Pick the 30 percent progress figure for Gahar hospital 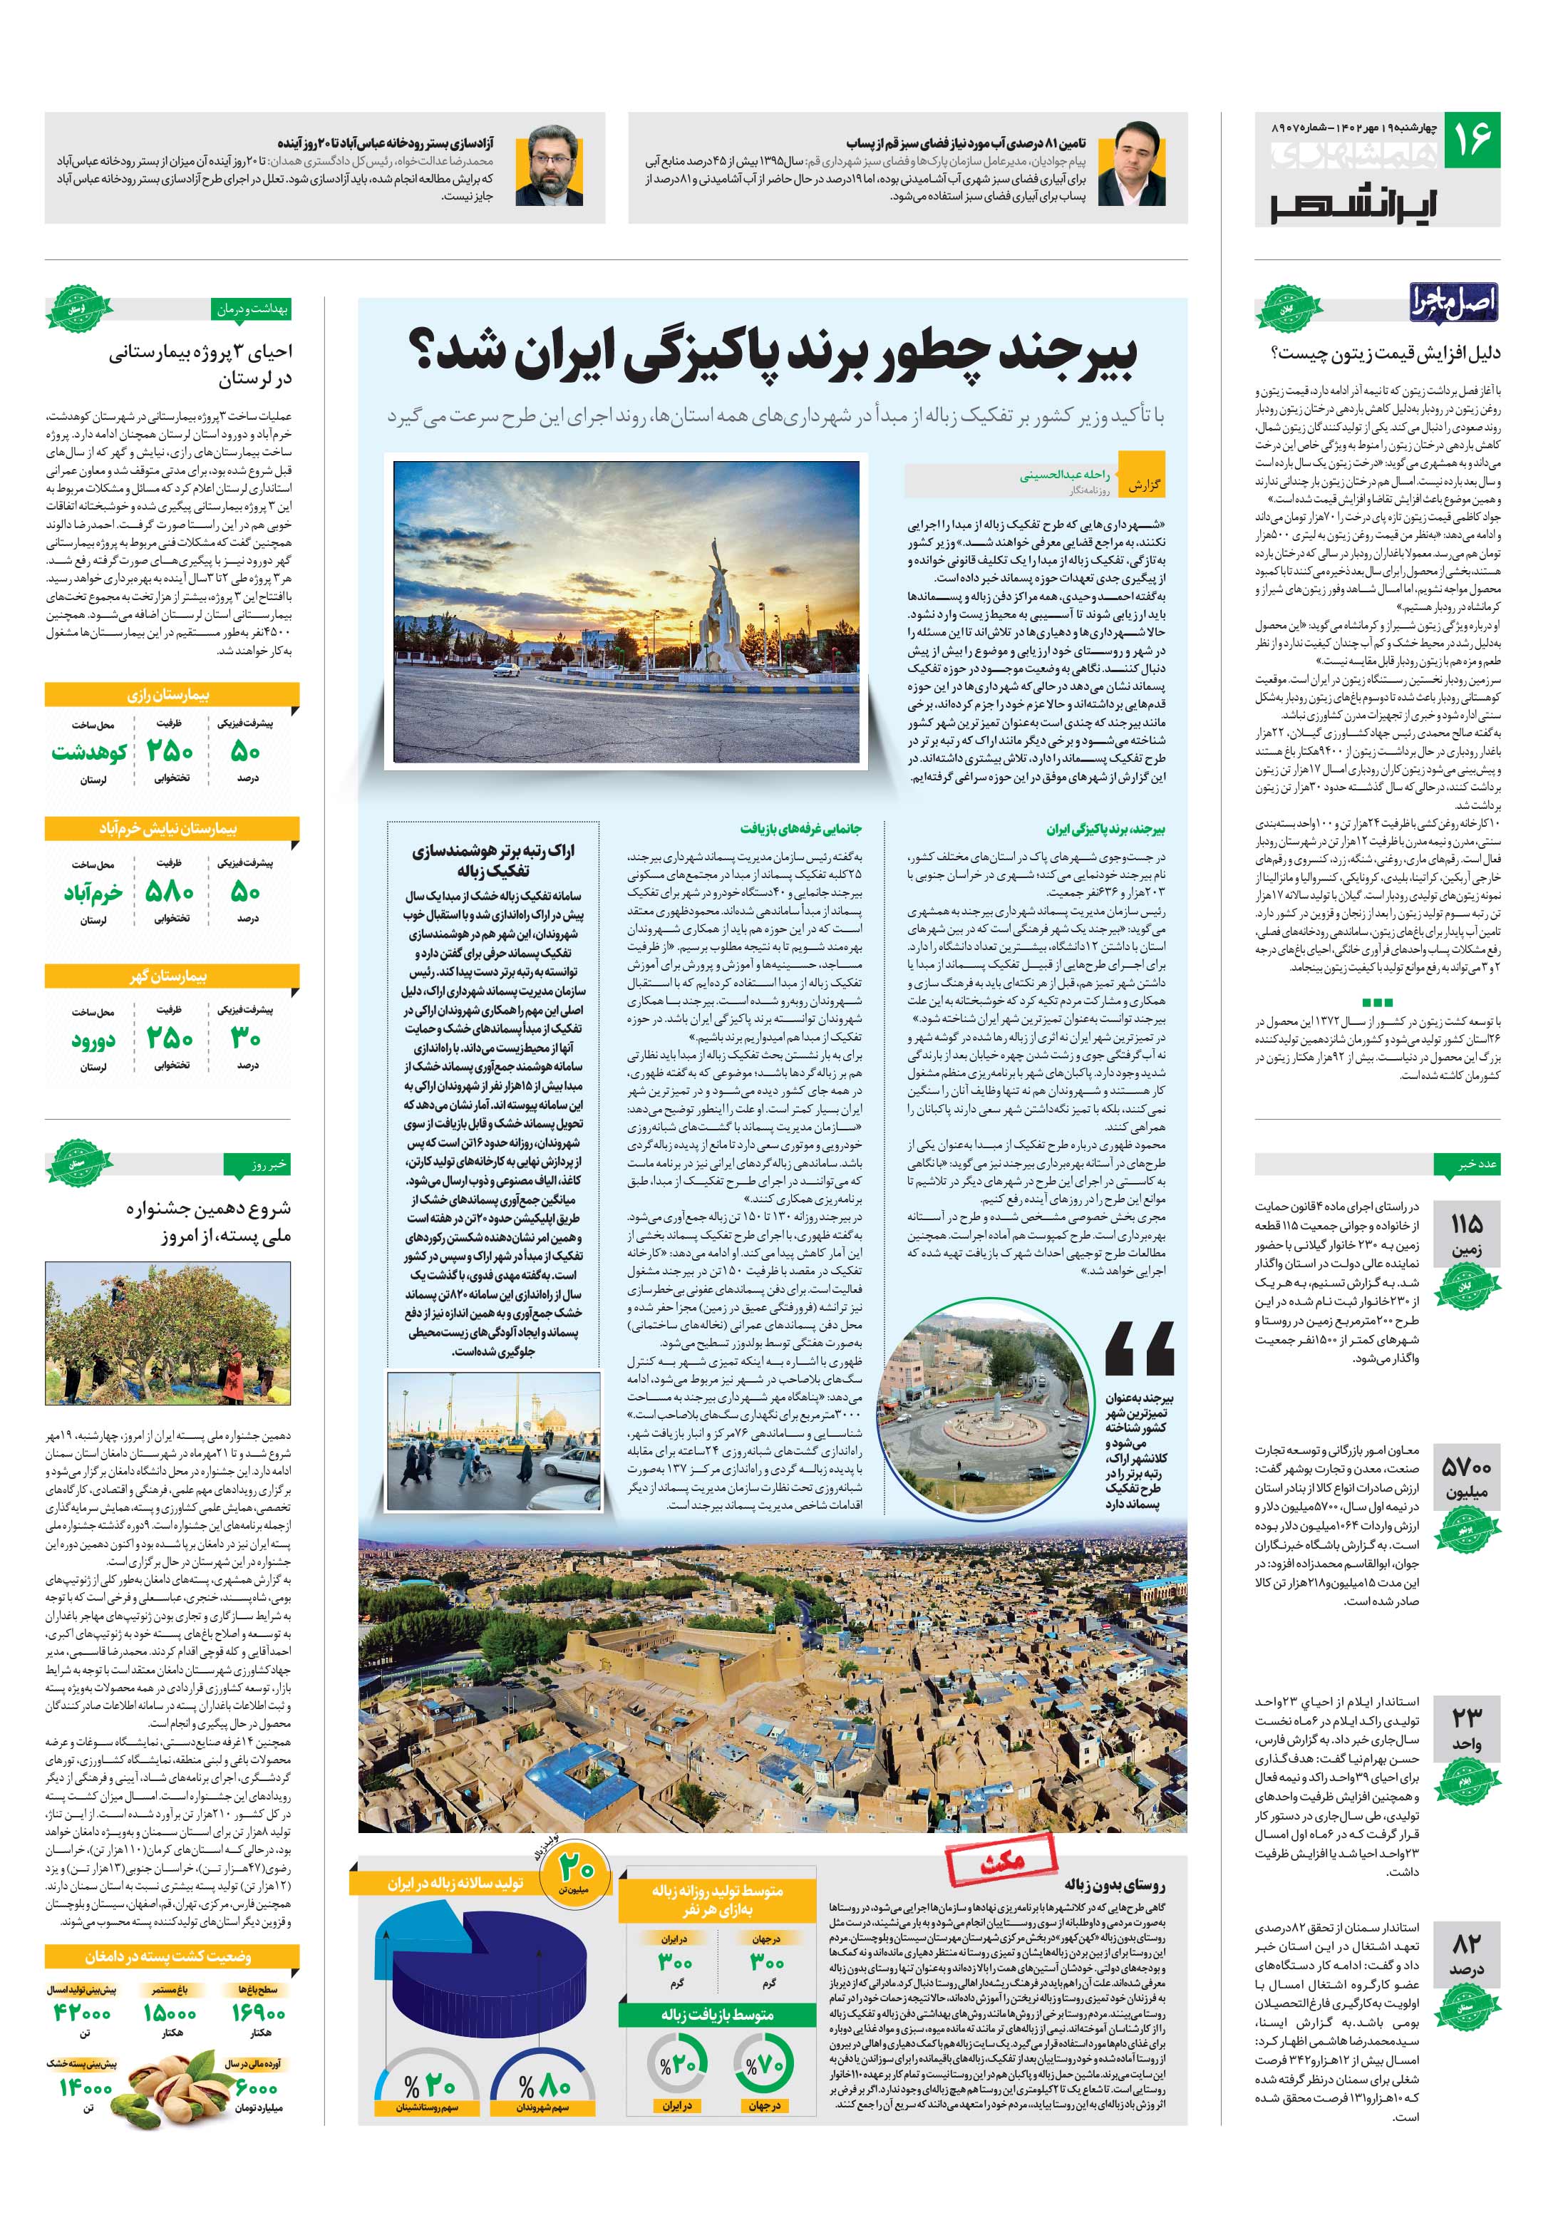(x=245, y=1038)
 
